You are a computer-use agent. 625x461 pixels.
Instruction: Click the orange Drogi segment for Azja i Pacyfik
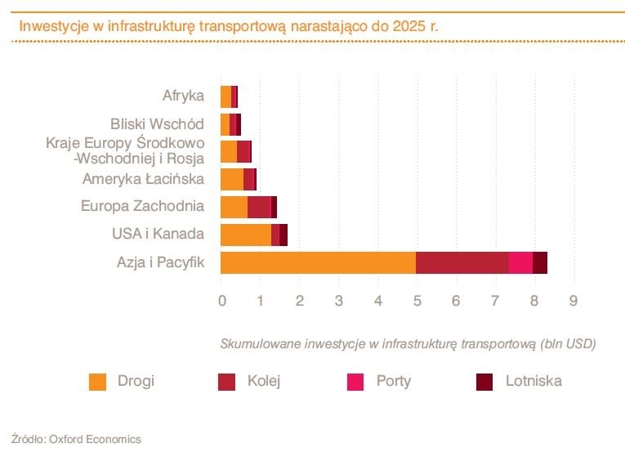318,262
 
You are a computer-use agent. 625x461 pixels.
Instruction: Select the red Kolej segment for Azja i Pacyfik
462,262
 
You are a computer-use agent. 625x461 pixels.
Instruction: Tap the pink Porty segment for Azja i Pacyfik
520,262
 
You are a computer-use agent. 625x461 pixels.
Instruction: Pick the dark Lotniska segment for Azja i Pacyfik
539,262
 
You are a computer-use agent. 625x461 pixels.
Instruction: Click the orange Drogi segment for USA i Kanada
245,235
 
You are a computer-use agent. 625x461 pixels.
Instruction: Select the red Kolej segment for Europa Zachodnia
258,207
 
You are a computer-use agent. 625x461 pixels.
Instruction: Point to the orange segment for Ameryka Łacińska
232,179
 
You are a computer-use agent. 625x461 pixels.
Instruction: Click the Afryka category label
183,96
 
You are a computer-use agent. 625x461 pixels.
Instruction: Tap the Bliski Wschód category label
157,124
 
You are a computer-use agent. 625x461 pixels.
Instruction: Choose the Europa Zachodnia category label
142,206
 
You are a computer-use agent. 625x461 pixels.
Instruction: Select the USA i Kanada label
158,234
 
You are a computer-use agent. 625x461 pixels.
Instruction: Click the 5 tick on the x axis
417,301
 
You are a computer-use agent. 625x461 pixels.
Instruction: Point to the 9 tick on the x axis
574,301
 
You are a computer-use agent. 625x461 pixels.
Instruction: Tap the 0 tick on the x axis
222,301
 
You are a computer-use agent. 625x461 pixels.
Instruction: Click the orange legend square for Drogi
98,382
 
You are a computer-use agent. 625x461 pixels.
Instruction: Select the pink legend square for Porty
356,382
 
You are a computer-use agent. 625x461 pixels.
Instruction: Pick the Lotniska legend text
533,381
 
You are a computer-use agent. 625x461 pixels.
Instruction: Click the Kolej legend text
264,381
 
